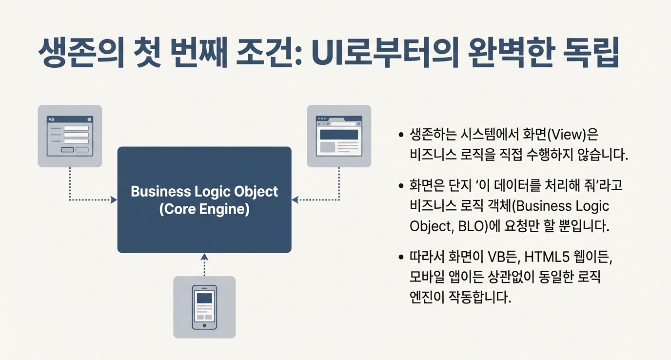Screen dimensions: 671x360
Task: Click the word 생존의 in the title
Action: pos(81,53)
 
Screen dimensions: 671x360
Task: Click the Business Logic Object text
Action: pos(204,192)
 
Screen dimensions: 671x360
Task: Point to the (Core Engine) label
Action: pos(204,209)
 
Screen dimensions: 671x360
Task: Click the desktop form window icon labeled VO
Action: pos(70,136)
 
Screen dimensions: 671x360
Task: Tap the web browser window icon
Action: pos(339,136)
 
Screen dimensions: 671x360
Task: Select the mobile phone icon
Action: pos(204,307)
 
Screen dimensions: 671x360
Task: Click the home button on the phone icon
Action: pos(204,325)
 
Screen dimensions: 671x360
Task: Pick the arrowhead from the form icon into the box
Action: pos(114,200)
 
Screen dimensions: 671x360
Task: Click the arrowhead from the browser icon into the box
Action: pos(295,200)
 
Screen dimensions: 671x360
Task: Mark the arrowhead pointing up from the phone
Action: pos(204,257)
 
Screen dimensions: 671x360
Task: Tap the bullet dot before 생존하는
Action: pos(401,135)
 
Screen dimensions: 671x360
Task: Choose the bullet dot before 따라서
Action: pos(401,257)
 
